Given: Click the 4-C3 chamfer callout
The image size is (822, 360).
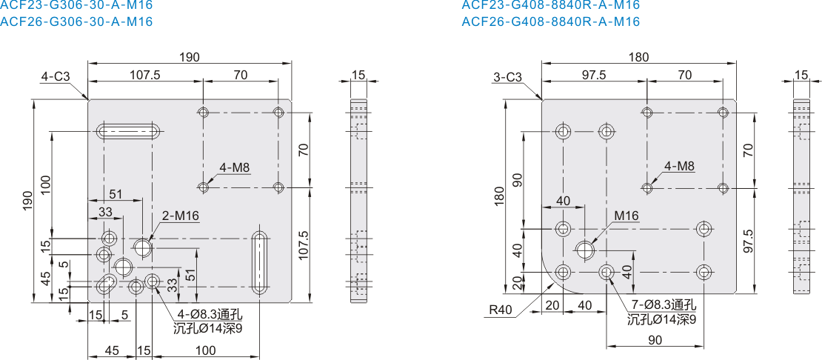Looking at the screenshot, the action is click(x=56, y=76).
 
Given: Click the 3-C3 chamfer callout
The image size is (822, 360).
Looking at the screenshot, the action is click(x=508, y=77).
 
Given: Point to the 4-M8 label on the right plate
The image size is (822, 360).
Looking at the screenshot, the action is click(x=679, y=166).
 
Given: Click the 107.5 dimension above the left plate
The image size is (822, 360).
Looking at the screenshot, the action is click(x=144, y=74).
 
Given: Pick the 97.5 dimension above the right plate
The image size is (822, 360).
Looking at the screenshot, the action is click(x=593, y=74).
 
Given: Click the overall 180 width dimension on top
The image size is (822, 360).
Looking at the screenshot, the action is click(x=639, y=56).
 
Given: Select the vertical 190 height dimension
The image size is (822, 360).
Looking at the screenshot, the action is click(x=28, y=201).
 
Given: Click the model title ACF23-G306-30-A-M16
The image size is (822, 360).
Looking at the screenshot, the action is click(x=76, y=5).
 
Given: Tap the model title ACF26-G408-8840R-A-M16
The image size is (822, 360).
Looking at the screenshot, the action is click(x=550, y=21).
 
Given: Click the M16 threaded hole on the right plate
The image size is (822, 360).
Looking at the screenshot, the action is click(x=585, y=250).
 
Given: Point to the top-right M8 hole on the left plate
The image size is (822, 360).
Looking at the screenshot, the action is click(x=278, y=112).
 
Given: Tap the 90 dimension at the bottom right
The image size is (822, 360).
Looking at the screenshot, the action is click(x=655, y=339).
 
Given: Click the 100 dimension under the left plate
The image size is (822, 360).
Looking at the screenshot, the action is click(x=206, y=350).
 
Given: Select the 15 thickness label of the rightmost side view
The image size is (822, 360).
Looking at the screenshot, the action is click(x=801, y=76).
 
